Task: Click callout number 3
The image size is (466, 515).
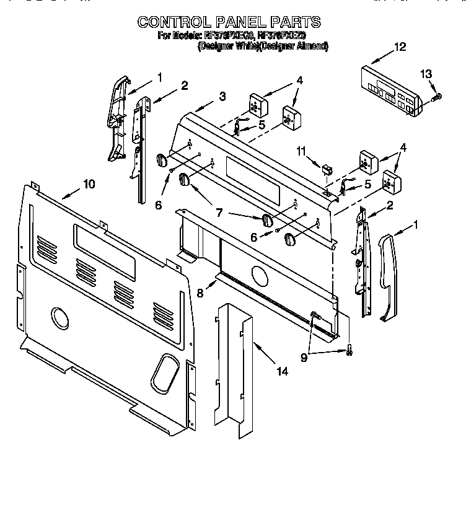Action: click(222, 96)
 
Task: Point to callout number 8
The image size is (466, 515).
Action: click(200, 293)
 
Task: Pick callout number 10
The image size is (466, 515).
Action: click(89, 183)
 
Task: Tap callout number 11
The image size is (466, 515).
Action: click(301, 150)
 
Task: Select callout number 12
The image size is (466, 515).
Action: click(400, 46)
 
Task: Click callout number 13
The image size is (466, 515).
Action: click(425, 74)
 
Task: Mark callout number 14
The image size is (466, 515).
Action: click(283, 372)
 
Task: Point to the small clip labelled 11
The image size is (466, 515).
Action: click(325, 167)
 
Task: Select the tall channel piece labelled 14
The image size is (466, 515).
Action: click(235, 366)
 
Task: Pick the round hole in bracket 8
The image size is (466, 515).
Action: click(260, 273)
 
